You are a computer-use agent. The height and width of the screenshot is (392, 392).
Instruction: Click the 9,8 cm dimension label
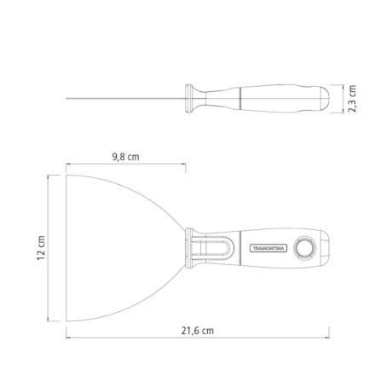126,156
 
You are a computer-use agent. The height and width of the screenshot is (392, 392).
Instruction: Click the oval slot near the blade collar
207,248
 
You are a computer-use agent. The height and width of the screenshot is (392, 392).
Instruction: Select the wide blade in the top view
119,247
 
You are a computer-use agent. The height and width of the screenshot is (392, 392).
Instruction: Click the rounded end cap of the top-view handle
322,249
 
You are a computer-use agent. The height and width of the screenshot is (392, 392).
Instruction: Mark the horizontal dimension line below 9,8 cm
126,165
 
